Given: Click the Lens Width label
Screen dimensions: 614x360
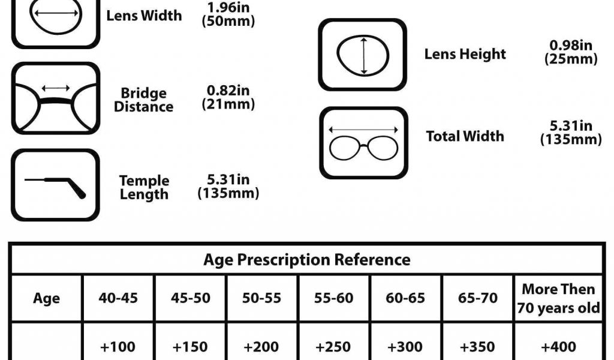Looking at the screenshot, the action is (x=144, y=16).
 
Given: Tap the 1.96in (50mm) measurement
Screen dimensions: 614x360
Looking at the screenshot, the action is (x=228, y=14).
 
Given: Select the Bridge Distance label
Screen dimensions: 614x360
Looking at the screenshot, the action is (x=144, y=100).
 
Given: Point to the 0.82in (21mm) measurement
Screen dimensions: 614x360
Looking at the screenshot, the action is (x=228, y=97).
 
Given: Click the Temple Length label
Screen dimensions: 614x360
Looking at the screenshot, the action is (x=144, y=187).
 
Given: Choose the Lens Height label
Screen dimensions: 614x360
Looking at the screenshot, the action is (x=465, y=54).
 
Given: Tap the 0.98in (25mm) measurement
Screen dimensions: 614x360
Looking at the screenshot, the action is (x=571, y=52).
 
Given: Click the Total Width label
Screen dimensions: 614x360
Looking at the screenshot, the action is (x=465, y=136).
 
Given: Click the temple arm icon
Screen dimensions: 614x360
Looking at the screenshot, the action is (x=56, y=185).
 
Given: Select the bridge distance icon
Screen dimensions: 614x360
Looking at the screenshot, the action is (x=56, y=98).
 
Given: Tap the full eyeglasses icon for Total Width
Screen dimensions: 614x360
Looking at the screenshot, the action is (x=364, y=143).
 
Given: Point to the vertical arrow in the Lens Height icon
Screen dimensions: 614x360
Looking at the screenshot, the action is (x=364, y=56).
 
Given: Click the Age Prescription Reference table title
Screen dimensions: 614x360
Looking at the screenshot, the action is (x=306, y=260).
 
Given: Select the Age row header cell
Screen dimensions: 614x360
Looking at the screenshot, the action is (x=47, y=298).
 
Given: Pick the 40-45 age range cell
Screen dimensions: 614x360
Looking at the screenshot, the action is (x=118, y=298).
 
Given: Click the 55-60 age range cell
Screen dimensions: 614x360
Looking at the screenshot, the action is (x=333, y=298).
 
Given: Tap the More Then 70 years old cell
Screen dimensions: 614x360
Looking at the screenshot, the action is (x=558, y=298).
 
